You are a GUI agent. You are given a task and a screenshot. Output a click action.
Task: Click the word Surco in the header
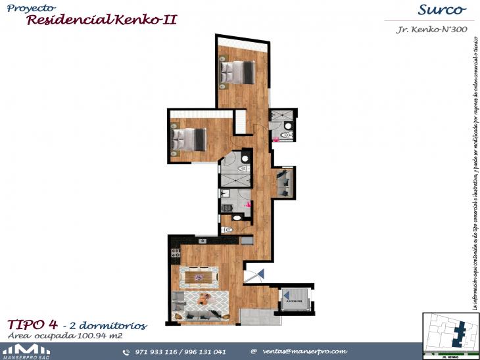[441, 10]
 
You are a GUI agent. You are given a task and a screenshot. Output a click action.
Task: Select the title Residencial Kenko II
[102, 20]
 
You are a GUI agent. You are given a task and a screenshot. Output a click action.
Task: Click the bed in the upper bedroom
[237, 72]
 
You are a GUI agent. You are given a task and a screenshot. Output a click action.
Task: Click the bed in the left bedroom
[189, 139]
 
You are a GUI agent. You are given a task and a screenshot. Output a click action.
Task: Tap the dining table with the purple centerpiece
[197, 278]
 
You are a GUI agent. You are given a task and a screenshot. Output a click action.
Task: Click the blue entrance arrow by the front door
[260, 273]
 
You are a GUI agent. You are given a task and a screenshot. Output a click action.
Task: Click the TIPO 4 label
[32, 325]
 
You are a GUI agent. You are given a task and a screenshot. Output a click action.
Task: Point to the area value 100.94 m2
[97, 336]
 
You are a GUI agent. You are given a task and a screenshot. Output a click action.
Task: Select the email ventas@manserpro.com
[304, 351]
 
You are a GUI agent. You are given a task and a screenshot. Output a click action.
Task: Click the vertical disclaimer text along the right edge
[473, 171]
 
